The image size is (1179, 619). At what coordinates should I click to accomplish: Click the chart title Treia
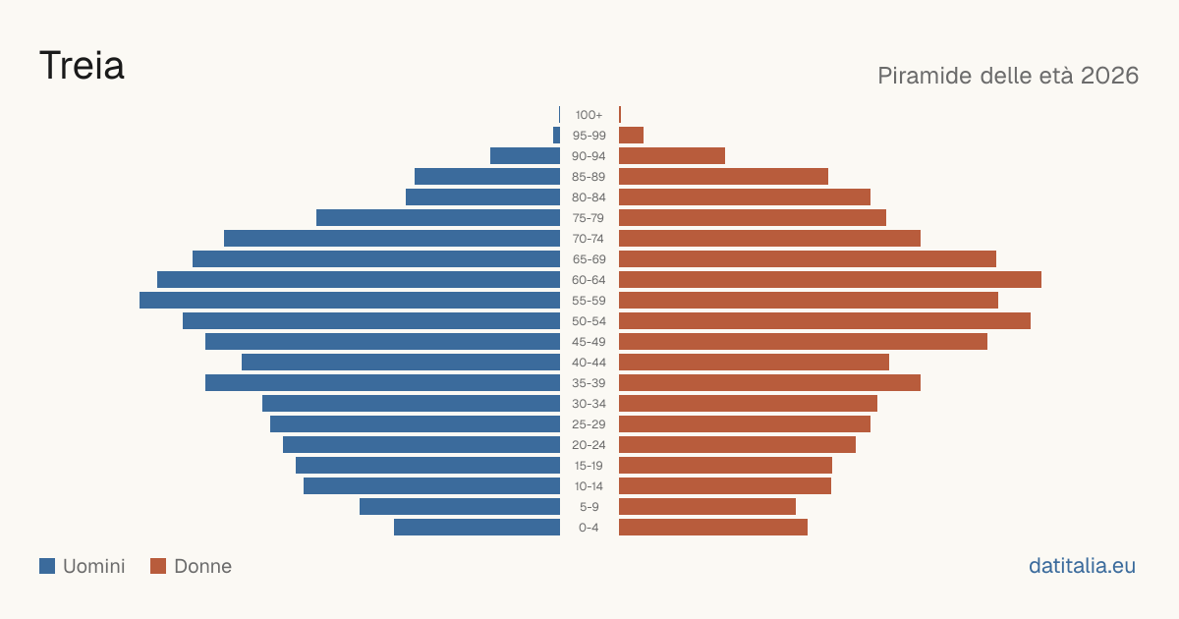(x=83, y=66)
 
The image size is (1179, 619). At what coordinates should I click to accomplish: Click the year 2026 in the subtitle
(x=1109, y=76)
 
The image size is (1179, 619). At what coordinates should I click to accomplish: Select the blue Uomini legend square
(x=47, y=566)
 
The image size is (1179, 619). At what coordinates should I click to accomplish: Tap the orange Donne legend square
(x=158, y=566)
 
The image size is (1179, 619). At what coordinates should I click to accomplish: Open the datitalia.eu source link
(x=1082, y=566)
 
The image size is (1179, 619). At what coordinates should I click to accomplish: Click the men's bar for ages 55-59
(x=350, y=300)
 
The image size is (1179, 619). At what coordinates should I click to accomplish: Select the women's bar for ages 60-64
(x=830, y=279)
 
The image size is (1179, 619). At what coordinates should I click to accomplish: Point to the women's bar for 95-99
(x=631, y=136)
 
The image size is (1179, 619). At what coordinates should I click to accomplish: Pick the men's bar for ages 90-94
(x=526, y=156)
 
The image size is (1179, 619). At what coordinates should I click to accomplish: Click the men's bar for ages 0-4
(x=477, y=527)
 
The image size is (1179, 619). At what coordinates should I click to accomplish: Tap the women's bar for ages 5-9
(x=707, y=506)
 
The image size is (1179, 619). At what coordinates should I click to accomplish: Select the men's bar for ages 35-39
(x=382, y=382)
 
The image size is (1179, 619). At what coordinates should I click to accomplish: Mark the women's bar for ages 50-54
(x=824, y=321)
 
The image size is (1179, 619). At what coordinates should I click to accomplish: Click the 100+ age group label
(x=589, y=115)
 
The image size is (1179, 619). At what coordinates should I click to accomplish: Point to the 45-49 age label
(x=589, y=342)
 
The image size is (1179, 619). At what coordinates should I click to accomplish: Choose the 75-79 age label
(x=589, y=218)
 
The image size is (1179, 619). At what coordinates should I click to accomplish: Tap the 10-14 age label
(x=589, y=485)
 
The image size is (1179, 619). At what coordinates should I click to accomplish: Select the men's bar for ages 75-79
(x=438, y=218)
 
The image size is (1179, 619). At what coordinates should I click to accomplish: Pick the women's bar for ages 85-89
(x=724, y=176)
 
